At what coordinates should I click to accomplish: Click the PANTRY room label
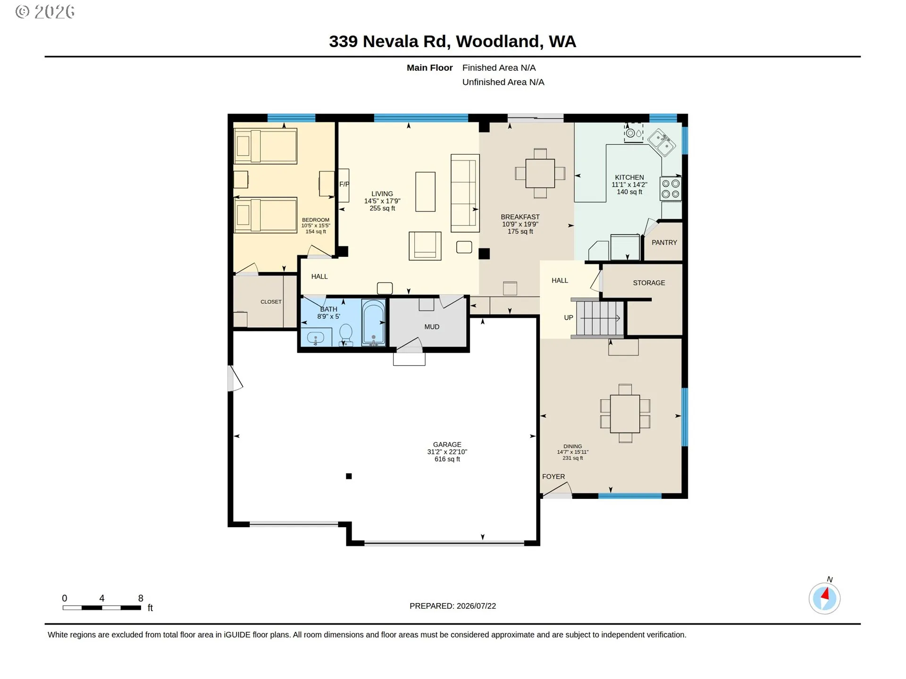point(664,242)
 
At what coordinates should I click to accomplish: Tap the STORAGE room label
point(649,283)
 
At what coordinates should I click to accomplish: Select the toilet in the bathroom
point(346,335)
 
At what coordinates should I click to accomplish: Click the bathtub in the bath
point(373,323)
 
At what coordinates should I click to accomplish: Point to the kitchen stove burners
point(671,189)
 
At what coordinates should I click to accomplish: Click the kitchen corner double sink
point(661,143)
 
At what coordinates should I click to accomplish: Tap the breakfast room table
point(540,174)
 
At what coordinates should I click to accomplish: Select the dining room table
point(625,414)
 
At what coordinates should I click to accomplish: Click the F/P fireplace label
point(344,184)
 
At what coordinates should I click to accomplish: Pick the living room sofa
point(465,193)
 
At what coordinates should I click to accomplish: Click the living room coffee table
point(425,191)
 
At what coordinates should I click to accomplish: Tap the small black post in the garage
point(349,476)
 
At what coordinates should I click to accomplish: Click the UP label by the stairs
point(569,318)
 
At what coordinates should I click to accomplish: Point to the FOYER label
point(554,477)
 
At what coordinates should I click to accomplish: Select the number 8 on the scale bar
point(141,598)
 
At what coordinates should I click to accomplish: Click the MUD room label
point(432,327)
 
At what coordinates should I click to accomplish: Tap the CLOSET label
point(271,302)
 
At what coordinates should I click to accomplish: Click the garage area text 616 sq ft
point(447,459)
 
